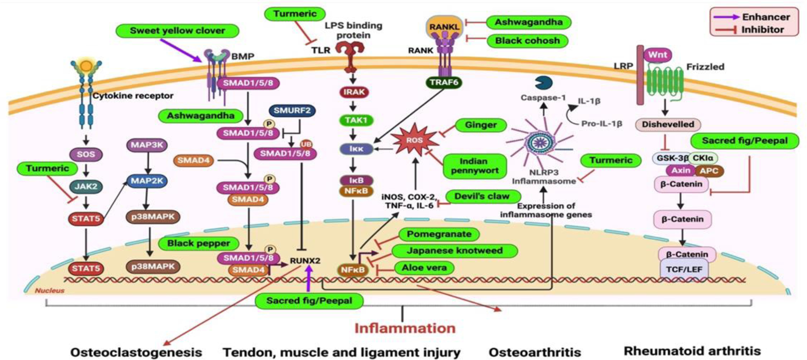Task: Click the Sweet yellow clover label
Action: tap(177, 30)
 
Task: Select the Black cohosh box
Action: tap(527, 40)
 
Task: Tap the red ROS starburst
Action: tap(414, 140)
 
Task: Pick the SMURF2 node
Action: tap(292, 110)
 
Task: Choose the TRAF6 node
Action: tap(444, 82)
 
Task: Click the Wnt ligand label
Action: tap(658, 55)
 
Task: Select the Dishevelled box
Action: tap(668, 124)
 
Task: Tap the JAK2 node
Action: tap(86, 186)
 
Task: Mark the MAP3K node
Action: tap(147, 145)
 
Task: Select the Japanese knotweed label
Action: tap(455, 250)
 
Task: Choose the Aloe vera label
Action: tap(424, 268)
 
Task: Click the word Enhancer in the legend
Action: tap(766, 17)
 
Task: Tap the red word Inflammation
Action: tap(405, 328)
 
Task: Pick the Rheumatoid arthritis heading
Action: tap(692, 351)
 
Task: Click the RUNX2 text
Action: tap(305, 260)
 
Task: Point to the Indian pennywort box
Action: tap(475, 166)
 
